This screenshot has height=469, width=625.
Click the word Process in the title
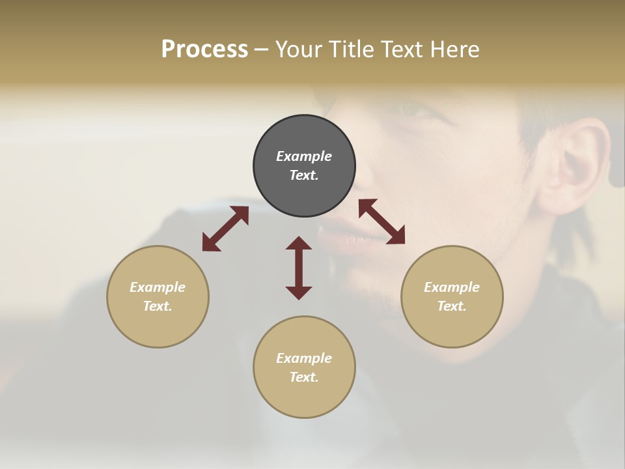[x=204, y=50]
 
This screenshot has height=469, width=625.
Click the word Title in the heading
[x=348, y=50]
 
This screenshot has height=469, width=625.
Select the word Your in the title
[x=299, y=50]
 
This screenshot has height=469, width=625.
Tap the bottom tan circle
[x=304, y=397]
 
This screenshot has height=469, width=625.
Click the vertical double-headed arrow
[x=299, y=268]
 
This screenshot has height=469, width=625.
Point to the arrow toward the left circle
[x=225, y=229]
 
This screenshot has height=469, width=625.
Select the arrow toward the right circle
[x=382, y=221]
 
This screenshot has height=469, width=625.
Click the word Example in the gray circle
[x=304, y=156]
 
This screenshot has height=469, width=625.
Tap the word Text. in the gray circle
[x=304, y=175]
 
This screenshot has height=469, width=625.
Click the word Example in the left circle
[x=158, y=287]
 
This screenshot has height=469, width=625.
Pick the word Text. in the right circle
[x=452, y=306]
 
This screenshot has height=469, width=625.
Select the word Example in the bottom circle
[x=304, y=358]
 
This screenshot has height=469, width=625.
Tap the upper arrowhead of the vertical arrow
[x=299, y=244]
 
